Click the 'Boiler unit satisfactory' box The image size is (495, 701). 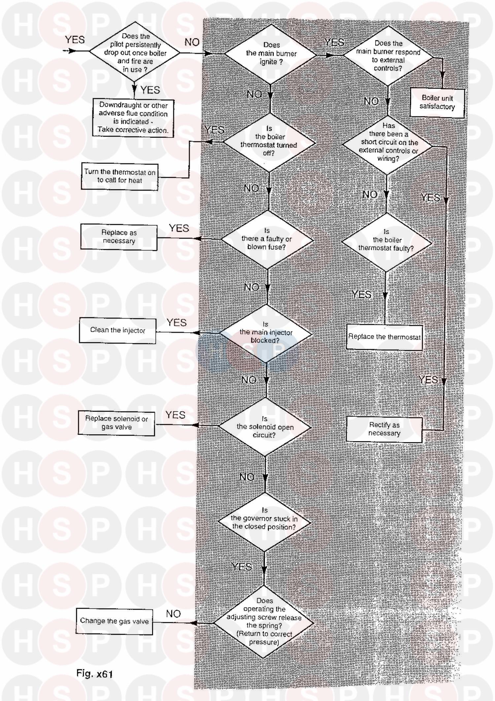tap(437, 102)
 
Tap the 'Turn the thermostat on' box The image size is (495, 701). tap(119, 176)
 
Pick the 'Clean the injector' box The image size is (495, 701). tap(117, 330)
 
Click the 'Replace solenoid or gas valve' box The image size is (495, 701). tap(116, 423)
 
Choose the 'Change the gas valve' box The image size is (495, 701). tap(114, 621)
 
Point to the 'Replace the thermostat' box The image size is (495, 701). tap(384, 337)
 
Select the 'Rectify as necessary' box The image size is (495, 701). tap(384, 429)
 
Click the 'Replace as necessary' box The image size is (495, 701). tap(119, 237)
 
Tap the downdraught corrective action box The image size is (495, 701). tap(133, 118)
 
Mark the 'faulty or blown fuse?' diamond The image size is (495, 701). tap(267, 239)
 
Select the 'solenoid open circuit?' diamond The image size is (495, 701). tap(265, 427)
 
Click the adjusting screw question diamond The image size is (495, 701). tap(264, 622)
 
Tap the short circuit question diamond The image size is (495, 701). tap(388, 144)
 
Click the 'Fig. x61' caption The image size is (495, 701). tap(95, 673)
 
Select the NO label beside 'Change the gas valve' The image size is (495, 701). tap(173, 614)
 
